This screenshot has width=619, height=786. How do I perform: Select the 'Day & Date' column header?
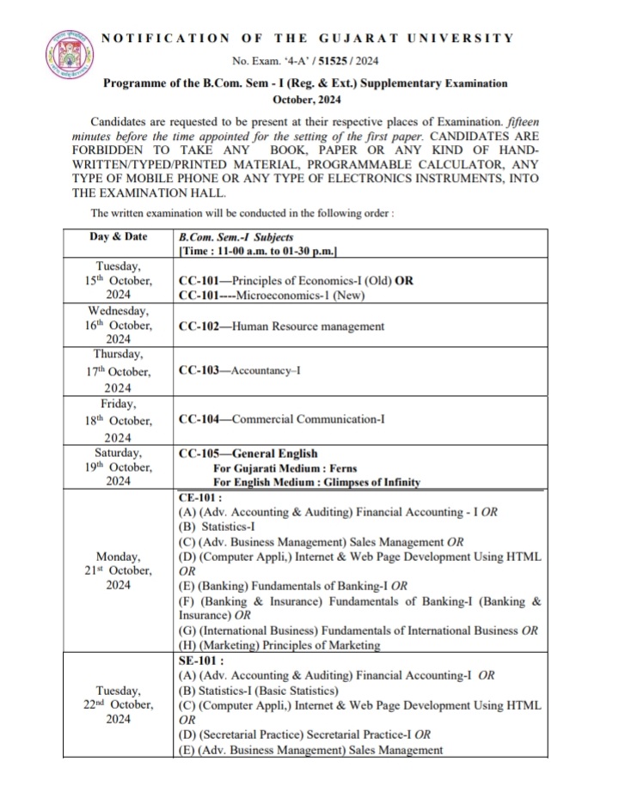pos(118,236)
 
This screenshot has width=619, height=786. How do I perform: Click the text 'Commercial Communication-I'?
pos(310,419)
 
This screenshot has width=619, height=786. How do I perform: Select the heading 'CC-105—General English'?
pos(248,454)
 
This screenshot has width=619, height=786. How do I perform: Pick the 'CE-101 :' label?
pos(199,497)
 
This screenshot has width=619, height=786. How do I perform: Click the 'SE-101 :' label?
pos(199,661)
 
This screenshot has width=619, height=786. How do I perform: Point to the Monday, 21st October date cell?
pos(118,571)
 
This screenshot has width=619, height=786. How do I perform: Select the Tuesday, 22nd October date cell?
pos(118,705)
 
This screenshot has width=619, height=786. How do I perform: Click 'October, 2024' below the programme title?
pos(305,99)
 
